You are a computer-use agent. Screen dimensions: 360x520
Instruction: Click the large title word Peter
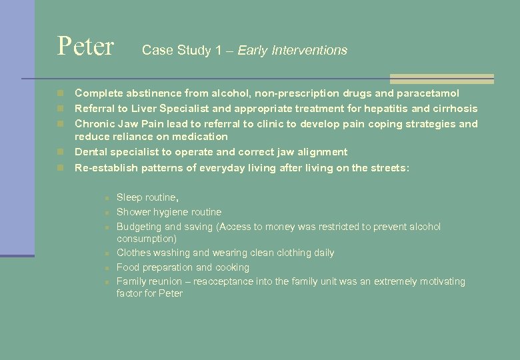(x=85, y=47)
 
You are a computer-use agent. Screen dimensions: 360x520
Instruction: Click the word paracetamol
(x=425, y=93)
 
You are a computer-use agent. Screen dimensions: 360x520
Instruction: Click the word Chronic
(x=95, y=123)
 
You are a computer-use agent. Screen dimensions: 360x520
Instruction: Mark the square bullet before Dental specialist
(x=61, y=152)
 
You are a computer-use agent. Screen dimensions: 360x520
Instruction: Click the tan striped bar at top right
(x=441, y=79)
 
